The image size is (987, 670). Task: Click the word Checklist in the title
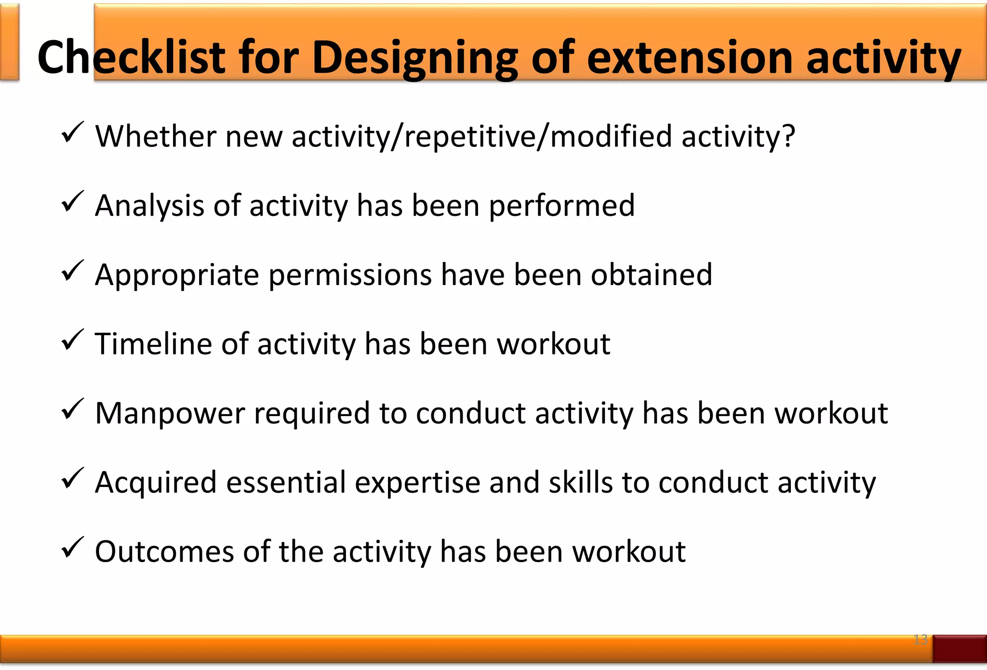click(x=131, y=58)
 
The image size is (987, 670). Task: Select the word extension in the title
click(x=690, y=58)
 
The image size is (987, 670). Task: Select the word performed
click(x=562, y=206)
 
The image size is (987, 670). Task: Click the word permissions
click(x=350, y=276)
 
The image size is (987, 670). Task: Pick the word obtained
click(x=652, y=275)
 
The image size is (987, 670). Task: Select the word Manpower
click(x=170, y=413)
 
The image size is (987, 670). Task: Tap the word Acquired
click(x=156, y=483)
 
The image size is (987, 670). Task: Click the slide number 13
click(x=920, y=640)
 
